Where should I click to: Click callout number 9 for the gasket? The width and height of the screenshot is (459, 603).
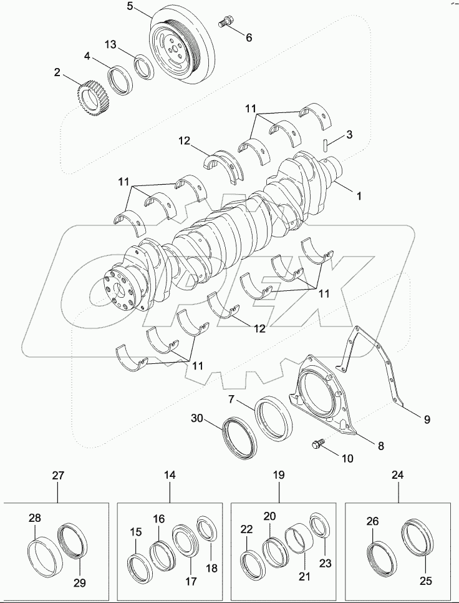pyautogui.click(x=427, y=420)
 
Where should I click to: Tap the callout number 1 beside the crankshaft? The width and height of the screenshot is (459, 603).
pyautogui.click(x=359, y=196)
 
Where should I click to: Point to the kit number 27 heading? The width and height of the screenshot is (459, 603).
pyautogui.click(x=58, y=476)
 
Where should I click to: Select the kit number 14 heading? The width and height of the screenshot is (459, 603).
pyautogui.click(x=170, y=476)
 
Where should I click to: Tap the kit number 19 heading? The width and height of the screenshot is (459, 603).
pyautogui.click(x=278, y=476)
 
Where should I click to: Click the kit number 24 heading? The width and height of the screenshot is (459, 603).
pyautogui.click(x=398, y=476)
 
